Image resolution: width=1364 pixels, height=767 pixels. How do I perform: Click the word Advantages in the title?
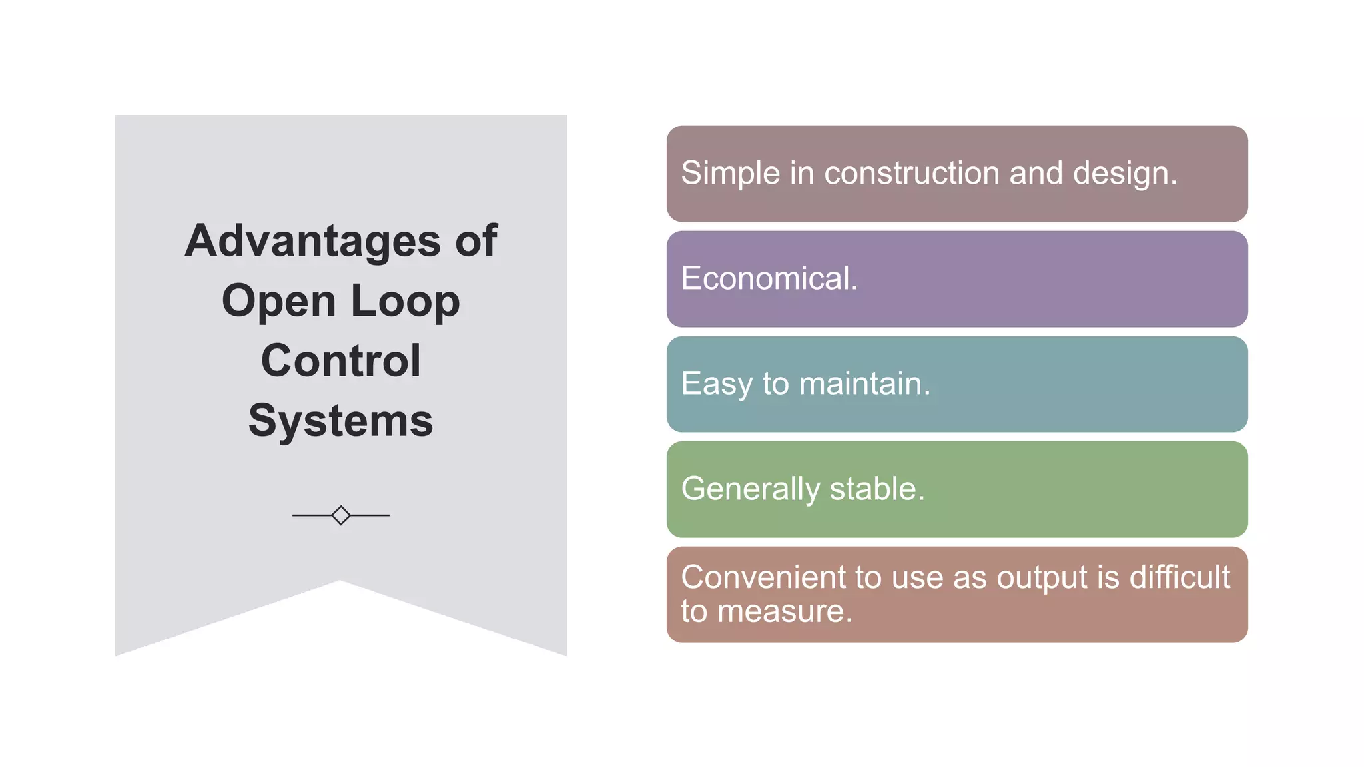312,240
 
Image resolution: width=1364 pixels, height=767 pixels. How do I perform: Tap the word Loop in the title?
405,300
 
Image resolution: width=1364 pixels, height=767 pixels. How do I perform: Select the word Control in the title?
340,360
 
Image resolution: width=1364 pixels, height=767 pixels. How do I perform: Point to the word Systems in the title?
340,421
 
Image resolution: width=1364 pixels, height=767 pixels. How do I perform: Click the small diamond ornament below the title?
340,515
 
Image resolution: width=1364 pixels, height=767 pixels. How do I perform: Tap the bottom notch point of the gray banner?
340,581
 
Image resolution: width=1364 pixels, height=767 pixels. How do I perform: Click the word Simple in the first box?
730,173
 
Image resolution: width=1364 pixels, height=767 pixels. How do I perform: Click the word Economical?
769,278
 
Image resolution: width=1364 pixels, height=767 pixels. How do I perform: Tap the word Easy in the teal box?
716,384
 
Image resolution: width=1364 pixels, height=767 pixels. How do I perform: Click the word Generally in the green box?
750,489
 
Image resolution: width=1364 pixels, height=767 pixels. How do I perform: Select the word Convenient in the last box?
763,577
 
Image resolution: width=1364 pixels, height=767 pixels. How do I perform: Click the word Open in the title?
278,302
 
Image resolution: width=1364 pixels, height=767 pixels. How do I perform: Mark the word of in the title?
476,240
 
